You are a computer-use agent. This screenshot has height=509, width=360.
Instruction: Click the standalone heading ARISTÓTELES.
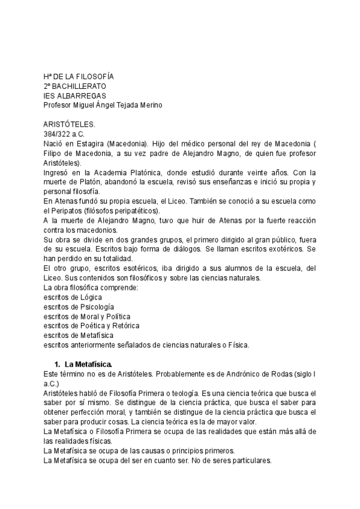click(70, 125)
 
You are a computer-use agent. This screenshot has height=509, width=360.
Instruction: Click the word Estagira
click(88, 144)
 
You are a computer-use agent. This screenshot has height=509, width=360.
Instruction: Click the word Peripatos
click(70, 211)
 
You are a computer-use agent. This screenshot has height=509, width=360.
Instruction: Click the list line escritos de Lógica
click(73, 298)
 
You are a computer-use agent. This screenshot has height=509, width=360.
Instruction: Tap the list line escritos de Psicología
click(79, 307)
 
